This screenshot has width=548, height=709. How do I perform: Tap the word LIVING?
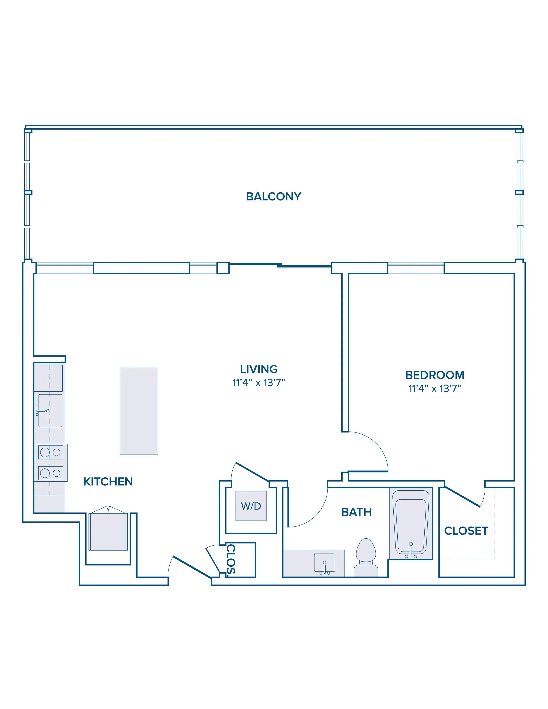point(259,369)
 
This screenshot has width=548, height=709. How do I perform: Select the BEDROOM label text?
point(435,375)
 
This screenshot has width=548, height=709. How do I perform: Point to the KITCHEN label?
point(108,482)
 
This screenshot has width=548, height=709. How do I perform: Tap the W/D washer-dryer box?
point(251,506)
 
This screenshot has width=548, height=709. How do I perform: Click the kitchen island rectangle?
point(139,411)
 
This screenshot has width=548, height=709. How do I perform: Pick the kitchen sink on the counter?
point(50,411)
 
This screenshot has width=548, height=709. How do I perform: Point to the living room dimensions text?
point(259,383)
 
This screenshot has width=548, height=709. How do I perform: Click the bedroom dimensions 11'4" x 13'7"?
point(435,389)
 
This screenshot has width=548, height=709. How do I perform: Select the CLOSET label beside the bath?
point(466,531)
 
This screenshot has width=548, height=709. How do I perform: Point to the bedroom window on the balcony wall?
point(416,268)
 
